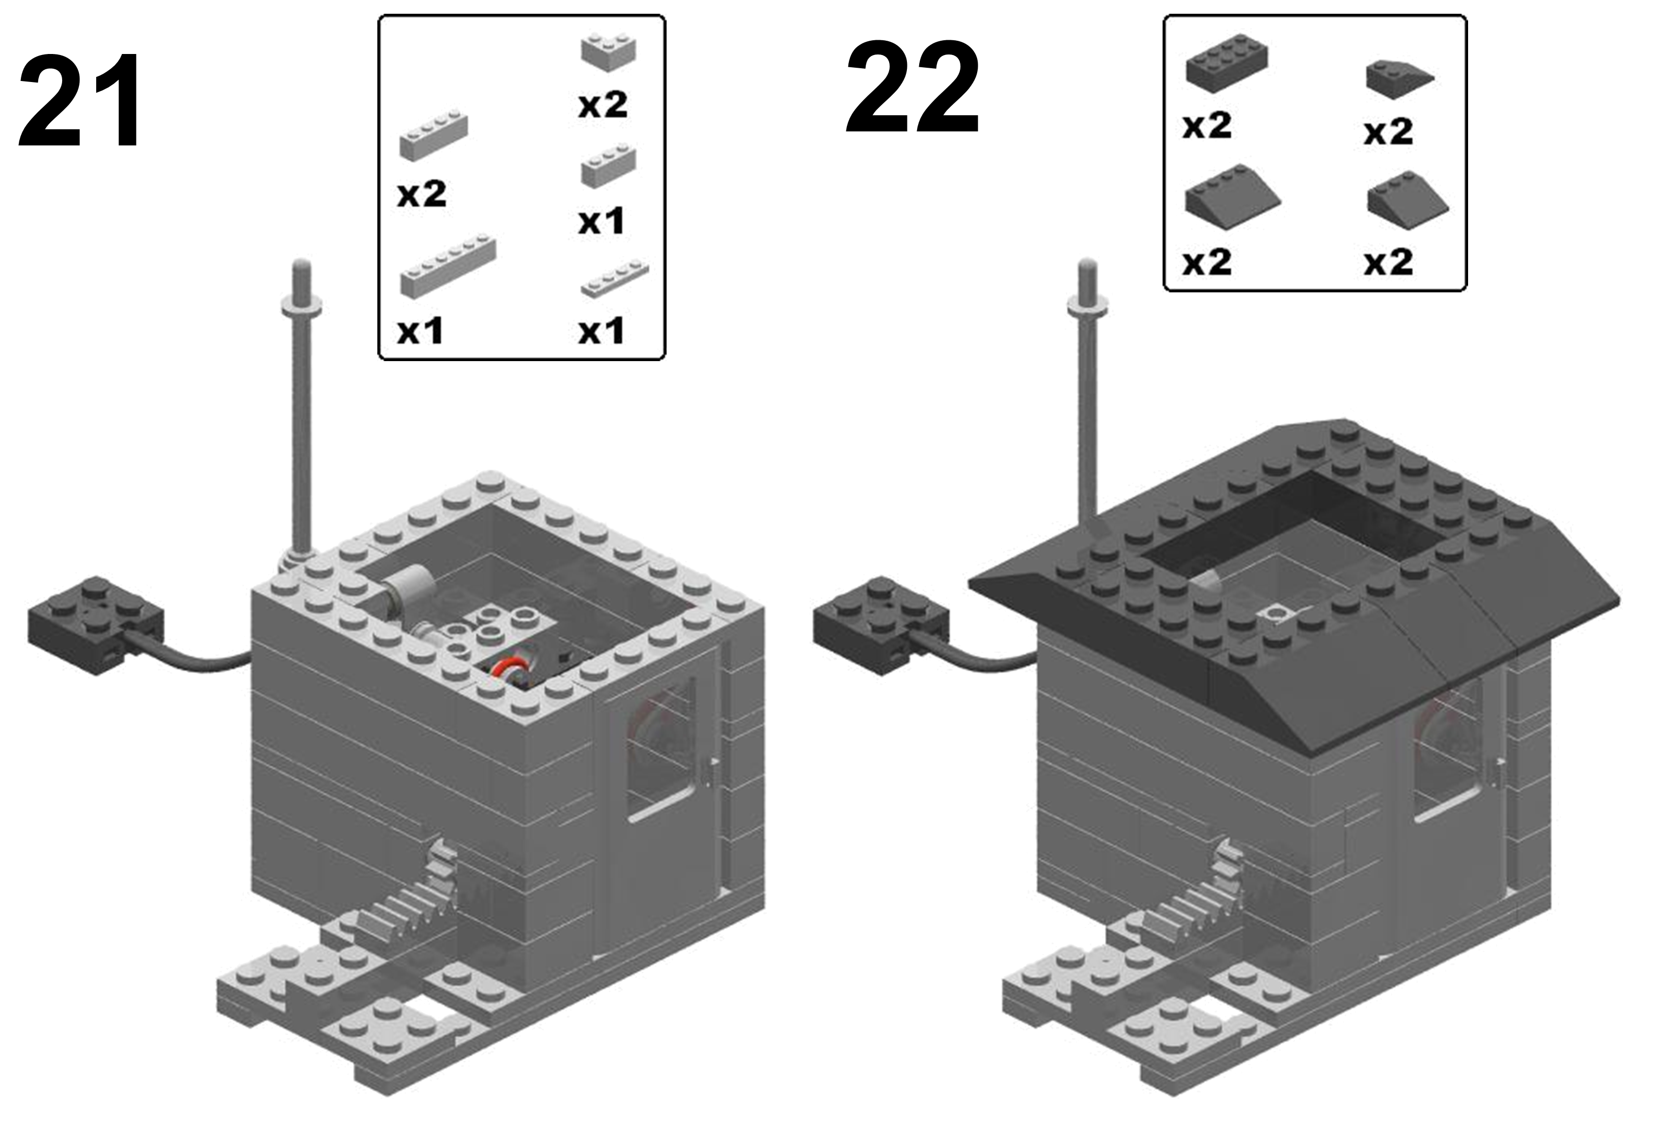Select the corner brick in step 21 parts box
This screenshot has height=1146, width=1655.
coord(609,53)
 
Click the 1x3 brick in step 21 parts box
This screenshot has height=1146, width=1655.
coord(608,166)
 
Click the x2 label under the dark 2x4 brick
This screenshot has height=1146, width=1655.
coord(1207,126)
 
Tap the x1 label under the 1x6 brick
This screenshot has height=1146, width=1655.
coord(421,331)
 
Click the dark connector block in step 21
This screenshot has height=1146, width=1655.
coord(95,624)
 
